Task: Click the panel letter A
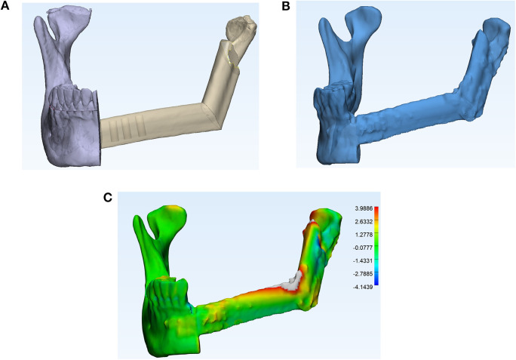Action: pyautogui.click(x=5, y=5)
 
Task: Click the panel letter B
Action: pyautogui.click(x=286, y=5)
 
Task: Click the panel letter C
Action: pyautogui.click(x=108, y=197)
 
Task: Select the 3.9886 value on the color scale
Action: pyautogui.click(x=364, y=208)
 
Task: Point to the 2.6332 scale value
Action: pyautogui.click(x=364, y=221)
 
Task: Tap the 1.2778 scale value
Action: pyautogui.click(x=364, y=235)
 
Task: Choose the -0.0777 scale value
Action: pyautogui.click(x=363, y=248)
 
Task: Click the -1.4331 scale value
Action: pyautogui.click(x=363, y=260)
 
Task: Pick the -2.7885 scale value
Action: pyautogui.click(x=363, y=274)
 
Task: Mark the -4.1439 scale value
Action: pyautogui.click(x=363, y=287)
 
